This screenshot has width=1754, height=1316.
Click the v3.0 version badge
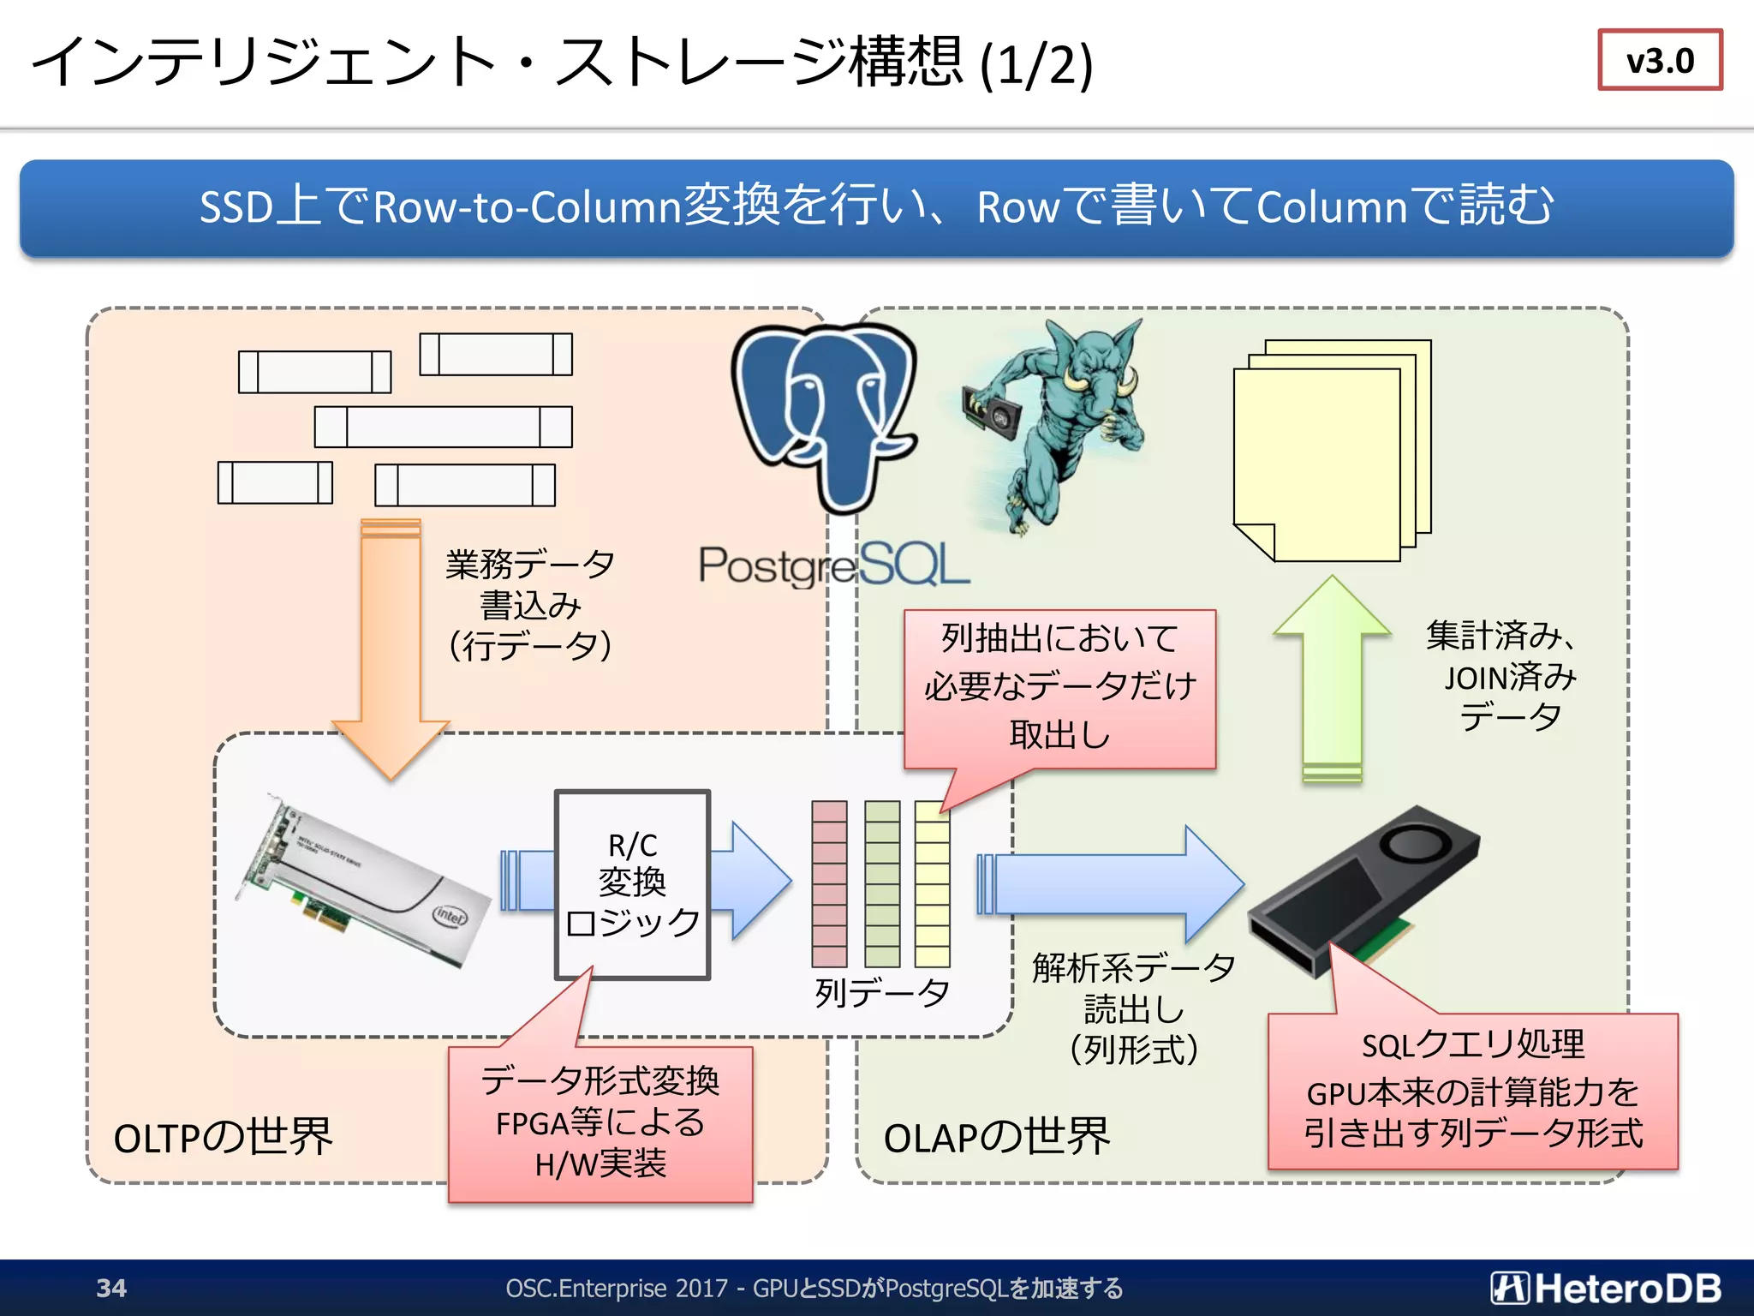point(1659,60)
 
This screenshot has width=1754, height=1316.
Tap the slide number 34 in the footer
point(111,1288)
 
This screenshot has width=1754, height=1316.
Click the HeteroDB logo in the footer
point(1606,1288)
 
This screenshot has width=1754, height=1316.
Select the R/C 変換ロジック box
point(632,884)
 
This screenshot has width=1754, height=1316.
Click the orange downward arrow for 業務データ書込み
point(391,651)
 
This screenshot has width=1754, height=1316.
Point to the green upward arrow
point(1332,677)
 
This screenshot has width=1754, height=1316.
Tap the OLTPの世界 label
point(223,1138)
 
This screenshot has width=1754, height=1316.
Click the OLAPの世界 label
point(996,1138)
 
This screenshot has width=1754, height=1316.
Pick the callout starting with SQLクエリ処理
point(1472,1091)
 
